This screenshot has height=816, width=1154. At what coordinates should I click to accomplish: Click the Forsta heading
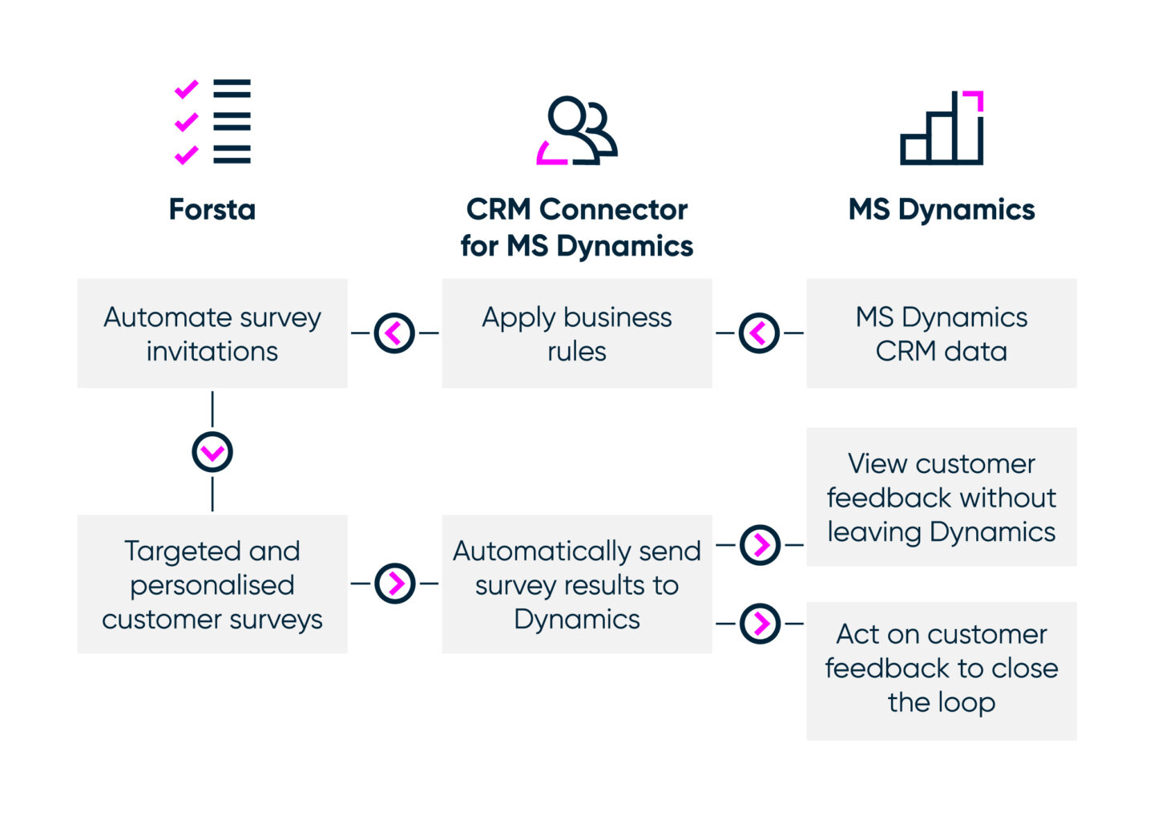coord(212,209)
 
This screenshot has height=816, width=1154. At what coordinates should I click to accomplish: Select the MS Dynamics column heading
coord(942,209)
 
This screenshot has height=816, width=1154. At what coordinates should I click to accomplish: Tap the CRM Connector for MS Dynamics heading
coord(576,227)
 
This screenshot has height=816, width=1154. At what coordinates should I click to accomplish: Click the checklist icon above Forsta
coord(213,122)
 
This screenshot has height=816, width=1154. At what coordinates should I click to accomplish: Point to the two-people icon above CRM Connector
coord(577,131)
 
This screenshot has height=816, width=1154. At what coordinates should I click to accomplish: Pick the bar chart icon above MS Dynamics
coord(942,128)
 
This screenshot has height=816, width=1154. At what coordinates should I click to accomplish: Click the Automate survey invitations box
coord(212,333)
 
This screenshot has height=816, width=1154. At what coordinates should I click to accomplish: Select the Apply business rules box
coord(576,333)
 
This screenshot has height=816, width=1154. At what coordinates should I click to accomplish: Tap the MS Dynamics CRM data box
coord(941,333)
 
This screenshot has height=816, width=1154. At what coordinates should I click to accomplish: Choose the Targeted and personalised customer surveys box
coord(212,584)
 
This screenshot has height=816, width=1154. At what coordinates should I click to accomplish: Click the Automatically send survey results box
coord(576,584)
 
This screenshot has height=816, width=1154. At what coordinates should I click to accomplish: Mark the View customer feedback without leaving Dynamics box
coord(941,497)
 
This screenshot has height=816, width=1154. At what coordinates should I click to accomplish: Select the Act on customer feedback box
coord(941,670)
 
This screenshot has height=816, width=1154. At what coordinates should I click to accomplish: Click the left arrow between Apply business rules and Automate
coord(395,333)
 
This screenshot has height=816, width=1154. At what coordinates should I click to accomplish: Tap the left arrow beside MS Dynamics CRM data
coord(759,333)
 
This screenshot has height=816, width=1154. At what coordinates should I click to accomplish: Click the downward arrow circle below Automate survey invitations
coord(212,452)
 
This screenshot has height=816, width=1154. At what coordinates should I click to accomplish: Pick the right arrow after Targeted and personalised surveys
coord(395,583)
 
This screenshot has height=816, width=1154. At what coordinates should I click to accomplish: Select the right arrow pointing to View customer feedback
coord(760,545)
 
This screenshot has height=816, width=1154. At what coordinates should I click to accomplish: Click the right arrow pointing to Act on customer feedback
coord(760,623)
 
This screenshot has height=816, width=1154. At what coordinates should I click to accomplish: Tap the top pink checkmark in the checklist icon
coord(186,90)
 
